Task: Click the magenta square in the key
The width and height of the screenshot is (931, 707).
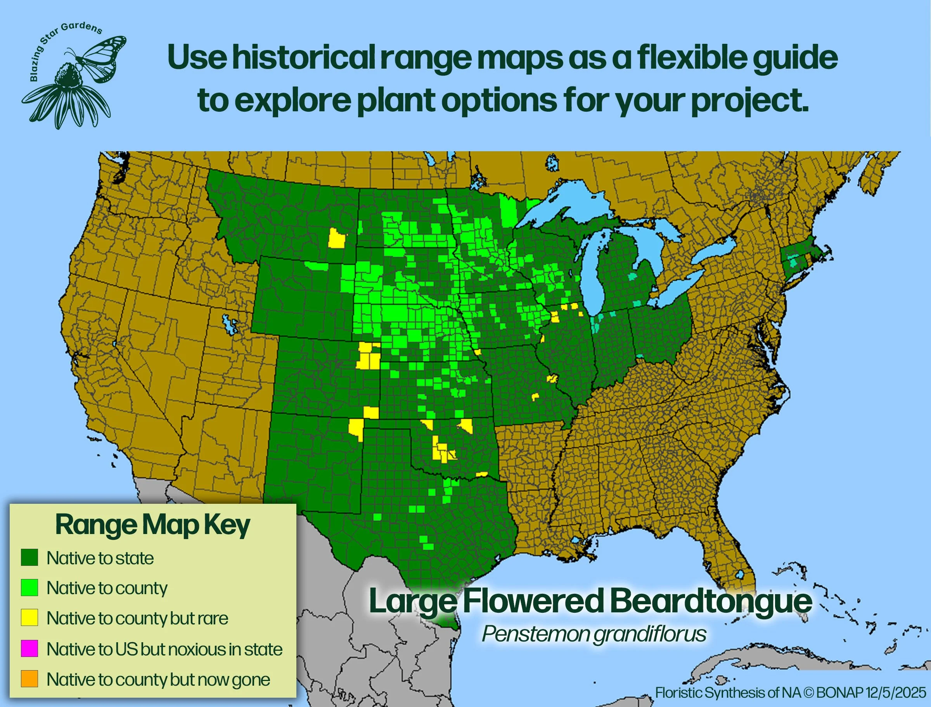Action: (x=29, y=648)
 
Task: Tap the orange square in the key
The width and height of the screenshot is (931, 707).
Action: (x=29, y=679)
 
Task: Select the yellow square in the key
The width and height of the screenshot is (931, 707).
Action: (x=29, y=618)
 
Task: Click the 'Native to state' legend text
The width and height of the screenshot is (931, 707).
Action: (x=100, y=558)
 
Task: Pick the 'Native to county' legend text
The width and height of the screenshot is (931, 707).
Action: (x=107, y=588)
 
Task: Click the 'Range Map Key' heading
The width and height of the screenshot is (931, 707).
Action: (x=152, y=525)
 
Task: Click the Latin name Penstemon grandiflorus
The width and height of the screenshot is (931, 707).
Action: (x=594, y=634)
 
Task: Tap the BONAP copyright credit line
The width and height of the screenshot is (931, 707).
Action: (x=791, y=692)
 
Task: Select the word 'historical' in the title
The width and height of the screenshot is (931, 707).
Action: (x=303, y=58)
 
